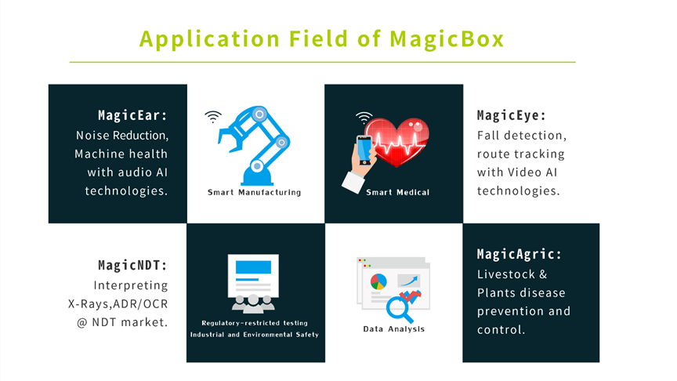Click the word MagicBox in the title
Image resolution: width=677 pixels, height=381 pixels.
pyautogui.click(x=447, y=39)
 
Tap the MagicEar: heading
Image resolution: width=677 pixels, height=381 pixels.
pyautogui.click(x=132, y=115)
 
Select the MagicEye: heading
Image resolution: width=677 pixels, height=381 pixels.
pyautogui.click(x=512, y=115)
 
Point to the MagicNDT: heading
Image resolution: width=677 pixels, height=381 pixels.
pyautogui.click(x=132, y=265)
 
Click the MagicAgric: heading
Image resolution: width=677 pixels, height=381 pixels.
pyautogui.click(x=520, y=254)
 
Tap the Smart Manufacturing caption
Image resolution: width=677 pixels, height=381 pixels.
pyautogui.click(x=255, y=192)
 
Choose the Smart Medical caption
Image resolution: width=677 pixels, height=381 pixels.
pyautogui.click(x=397, y=192)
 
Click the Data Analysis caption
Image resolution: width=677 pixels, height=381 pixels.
pyautogui.click(x=394, y=328)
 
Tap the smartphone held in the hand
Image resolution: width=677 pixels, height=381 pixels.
pyautogui.click(x=364, y=150)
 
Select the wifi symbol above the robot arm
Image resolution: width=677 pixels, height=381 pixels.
pyautogui.click(x=213, y=117)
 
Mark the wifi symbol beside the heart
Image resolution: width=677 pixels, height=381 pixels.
pyautogui.click(x=364, y=117)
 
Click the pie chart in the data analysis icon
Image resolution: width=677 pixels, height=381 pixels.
pyautogui.click(x=378, y=281)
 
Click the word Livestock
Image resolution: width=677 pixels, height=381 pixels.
pyautogui.click(x=506, y=274)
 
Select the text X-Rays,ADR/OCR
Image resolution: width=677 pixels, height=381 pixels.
pyautogui.click(x=118, y=304)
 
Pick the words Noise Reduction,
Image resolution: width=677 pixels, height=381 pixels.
pyautogui.click(x=122, y=136)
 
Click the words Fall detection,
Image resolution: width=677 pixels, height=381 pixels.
pyautogui.click(x=522, y=136)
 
